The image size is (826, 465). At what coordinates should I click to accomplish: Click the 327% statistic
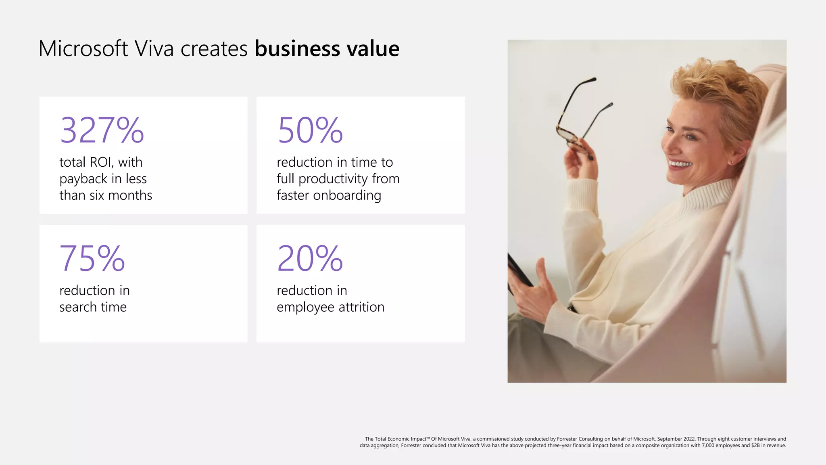pyautogui.click(x=102, y=130)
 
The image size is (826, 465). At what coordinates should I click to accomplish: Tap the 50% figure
pyautogui.click(x=310, y=130)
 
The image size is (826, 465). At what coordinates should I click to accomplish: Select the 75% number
pyautogui.click(x=92, y=258)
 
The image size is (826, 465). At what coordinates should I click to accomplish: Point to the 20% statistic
pyautogui.click(x=310, y=258)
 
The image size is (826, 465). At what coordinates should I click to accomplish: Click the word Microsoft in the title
pyautogui.click(x=83, y=49)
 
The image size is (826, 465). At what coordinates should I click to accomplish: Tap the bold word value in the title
pyautogui.click(x=373, y=49)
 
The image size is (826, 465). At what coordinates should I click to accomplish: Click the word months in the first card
pyautogui.click(x=130, y=195)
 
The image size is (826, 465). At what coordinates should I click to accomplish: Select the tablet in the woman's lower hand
pyautogui.click(x=520, y=273)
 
